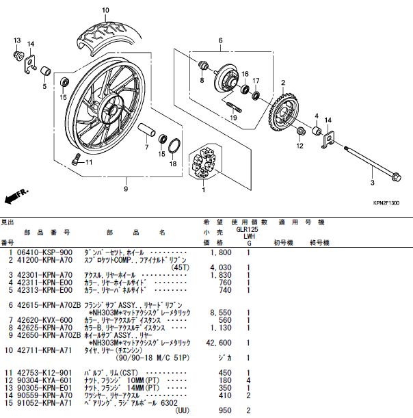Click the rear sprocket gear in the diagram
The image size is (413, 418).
point(284,113)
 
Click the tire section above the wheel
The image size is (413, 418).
point(108,37)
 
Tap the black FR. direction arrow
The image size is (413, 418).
point(16,196)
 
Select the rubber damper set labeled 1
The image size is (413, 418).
point(203,162)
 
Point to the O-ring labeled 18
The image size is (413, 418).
point(174,146)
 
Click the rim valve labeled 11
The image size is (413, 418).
point(76,159)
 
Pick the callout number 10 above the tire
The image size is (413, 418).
point(105,10)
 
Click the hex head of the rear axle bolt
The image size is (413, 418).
point(396,178)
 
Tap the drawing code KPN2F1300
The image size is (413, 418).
point(386,203)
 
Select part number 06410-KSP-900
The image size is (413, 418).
point(44,252)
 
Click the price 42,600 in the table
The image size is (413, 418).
point(219,343)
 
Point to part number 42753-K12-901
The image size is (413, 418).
point(44,373)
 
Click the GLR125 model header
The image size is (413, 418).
point(247,229)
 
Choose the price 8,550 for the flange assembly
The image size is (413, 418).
point(221,313)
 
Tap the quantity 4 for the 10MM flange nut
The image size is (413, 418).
point(249,380)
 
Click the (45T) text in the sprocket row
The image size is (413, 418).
point(180,267)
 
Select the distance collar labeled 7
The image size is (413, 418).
point(146,129)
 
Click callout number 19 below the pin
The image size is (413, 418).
point(233,118)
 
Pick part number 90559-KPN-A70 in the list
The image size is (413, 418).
point(44,395)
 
